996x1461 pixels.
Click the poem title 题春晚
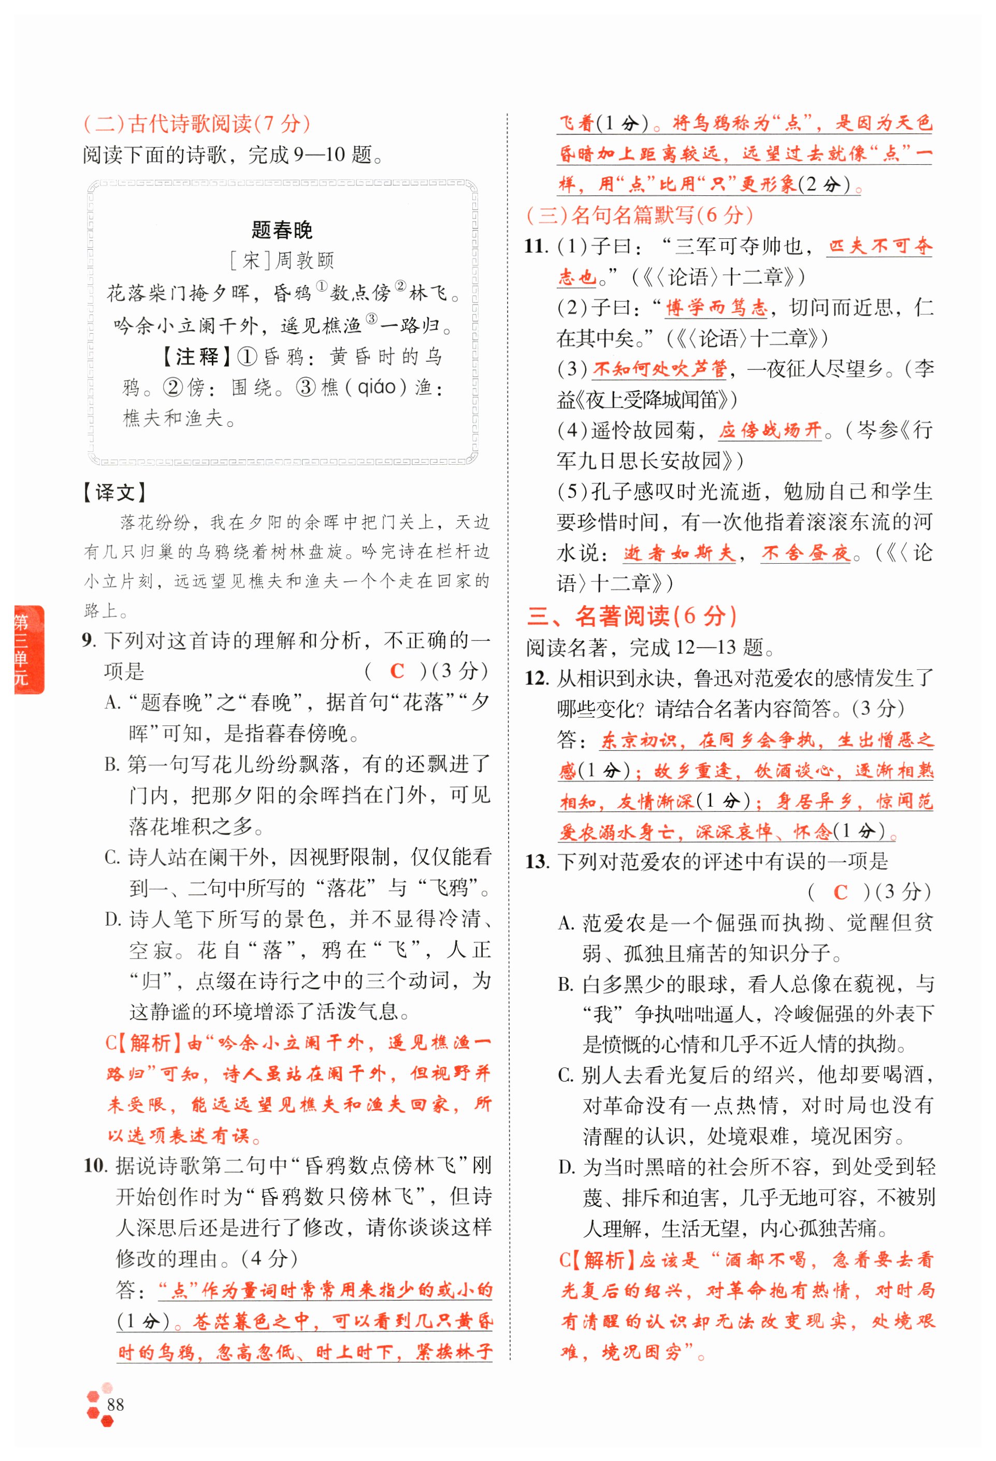point(282,230)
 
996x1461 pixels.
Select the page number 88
point(115,1405)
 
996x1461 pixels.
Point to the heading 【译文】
point(114,492)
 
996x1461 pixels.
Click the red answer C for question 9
point(397,671)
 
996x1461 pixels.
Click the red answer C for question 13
point(840,892)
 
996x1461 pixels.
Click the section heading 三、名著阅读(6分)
point(631,616)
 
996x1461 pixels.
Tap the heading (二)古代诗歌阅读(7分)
point(197,124)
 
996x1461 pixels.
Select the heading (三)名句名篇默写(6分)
point(639,215)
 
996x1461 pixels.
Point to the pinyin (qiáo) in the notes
point(377,386)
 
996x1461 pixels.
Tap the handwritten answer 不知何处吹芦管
point(659,368)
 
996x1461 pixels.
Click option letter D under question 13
point(566,1167)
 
